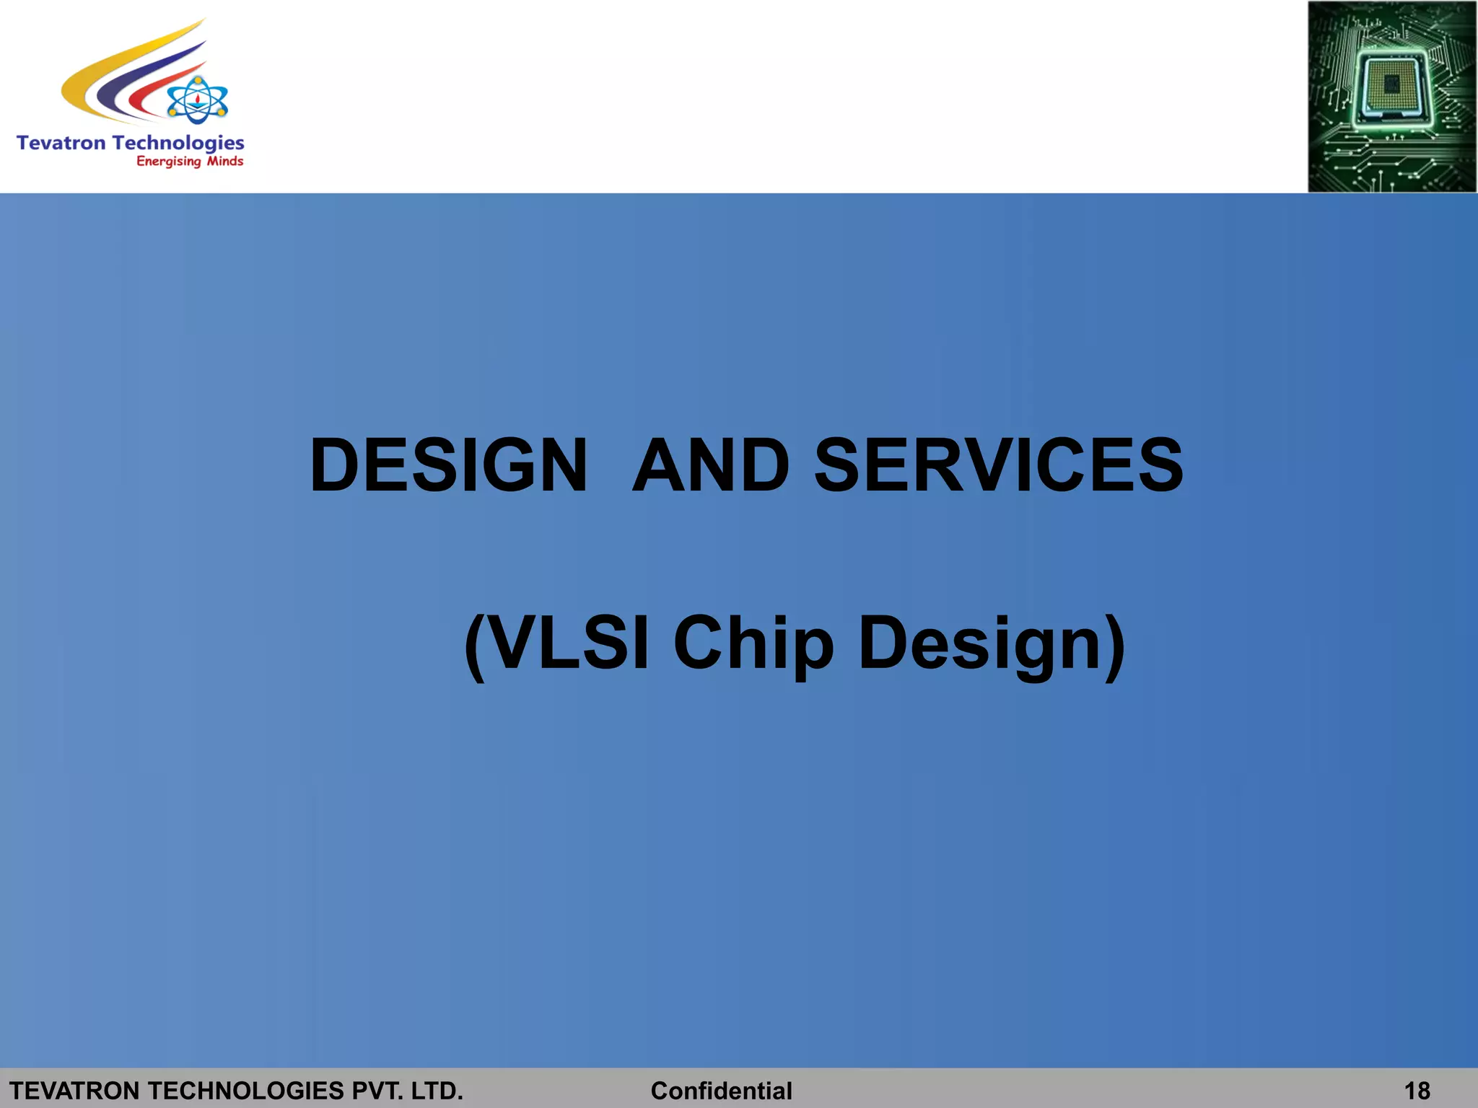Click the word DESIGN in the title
click(x=448, y=466)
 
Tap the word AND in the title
click(x=711, y=466)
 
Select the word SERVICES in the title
click(x=999, y=466)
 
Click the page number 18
click(x=1417, y=1090)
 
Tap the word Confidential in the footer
click(x=721, y=1090)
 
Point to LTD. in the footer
click(x=437, y=1090)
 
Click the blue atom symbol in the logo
click(x=197, y=101)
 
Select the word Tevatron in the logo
click(x=61, y=143)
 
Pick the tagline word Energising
click(x=168, y=162)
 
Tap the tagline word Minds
click(x=225, y=161)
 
